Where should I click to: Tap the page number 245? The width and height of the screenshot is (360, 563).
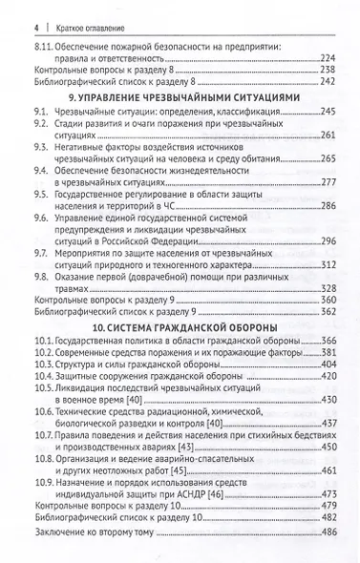pyautogui.click(x=325, y=111)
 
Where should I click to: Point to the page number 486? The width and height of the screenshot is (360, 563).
pyautogui.click(x=325, y=532)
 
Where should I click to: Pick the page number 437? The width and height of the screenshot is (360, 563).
pyautogui.click(x=325, y=423)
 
